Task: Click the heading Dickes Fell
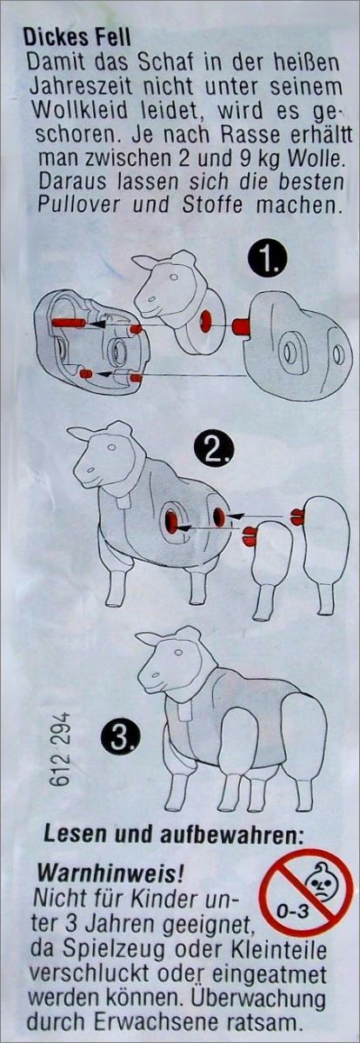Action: tap(77, 37)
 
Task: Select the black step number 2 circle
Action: tap(213, 448)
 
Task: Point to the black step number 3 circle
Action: tap(120, 741)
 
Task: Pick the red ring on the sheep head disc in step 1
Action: tap(205, 322)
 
